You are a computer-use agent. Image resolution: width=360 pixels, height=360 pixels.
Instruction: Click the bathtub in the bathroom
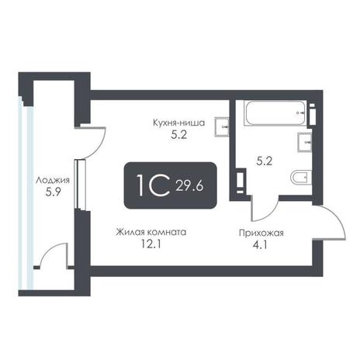point(275,113)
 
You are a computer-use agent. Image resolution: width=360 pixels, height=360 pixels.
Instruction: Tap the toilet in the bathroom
point(301,178)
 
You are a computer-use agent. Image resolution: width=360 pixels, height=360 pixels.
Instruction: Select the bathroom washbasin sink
point(305,142)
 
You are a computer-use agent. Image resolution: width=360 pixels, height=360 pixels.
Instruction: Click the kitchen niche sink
point(222,126)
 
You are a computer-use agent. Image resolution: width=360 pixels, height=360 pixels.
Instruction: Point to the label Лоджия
point(53,180)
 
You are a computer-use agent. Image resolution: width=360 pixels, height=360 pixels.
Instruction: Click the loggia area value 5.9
point(53,192)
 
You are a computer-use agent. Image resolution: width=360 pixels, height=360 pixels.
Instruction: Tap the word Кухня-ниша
point(178,123)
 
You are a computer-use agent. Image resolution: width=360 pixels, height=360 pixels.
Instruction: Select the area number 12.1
point(151,244)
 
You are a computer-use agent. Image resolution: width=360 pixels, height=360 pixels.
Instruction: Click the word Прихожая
point(261,233)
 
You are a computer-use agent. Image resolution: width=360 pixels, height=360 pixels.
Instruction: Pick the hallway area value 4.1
point(261,244)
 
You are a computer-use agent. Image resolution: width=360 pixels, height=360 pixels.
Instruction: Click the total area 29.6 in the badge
point(189,185)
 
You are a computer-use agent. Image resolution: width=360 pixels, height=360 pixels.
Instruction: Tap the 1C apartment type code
point(154,185)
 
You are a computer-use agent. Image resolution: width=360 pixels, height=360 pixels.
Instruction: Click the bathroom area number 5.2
point(265,161)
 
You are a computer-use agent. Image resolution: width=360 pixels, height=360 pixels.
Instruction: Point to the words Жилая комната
point(151,232)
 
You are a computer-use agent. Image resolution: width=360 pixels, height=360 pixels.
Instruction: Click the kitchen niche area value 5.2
point(178,135)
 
